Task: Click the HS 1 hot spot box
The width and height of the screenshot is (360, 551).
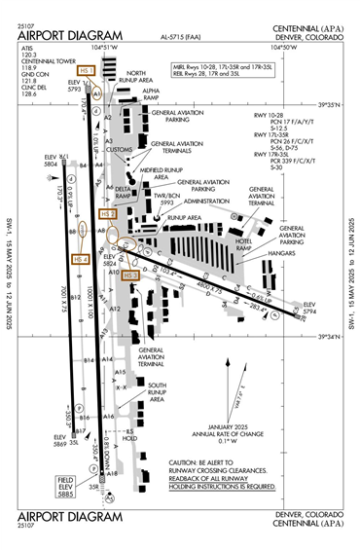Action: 87,70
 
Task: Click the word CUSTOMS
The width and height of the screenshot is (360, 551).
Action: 120,150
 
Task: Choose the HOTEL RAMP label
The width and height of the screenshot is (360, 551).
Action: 257,247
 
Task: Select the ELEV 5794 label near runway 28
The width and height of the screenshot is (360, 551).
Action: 309,309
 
